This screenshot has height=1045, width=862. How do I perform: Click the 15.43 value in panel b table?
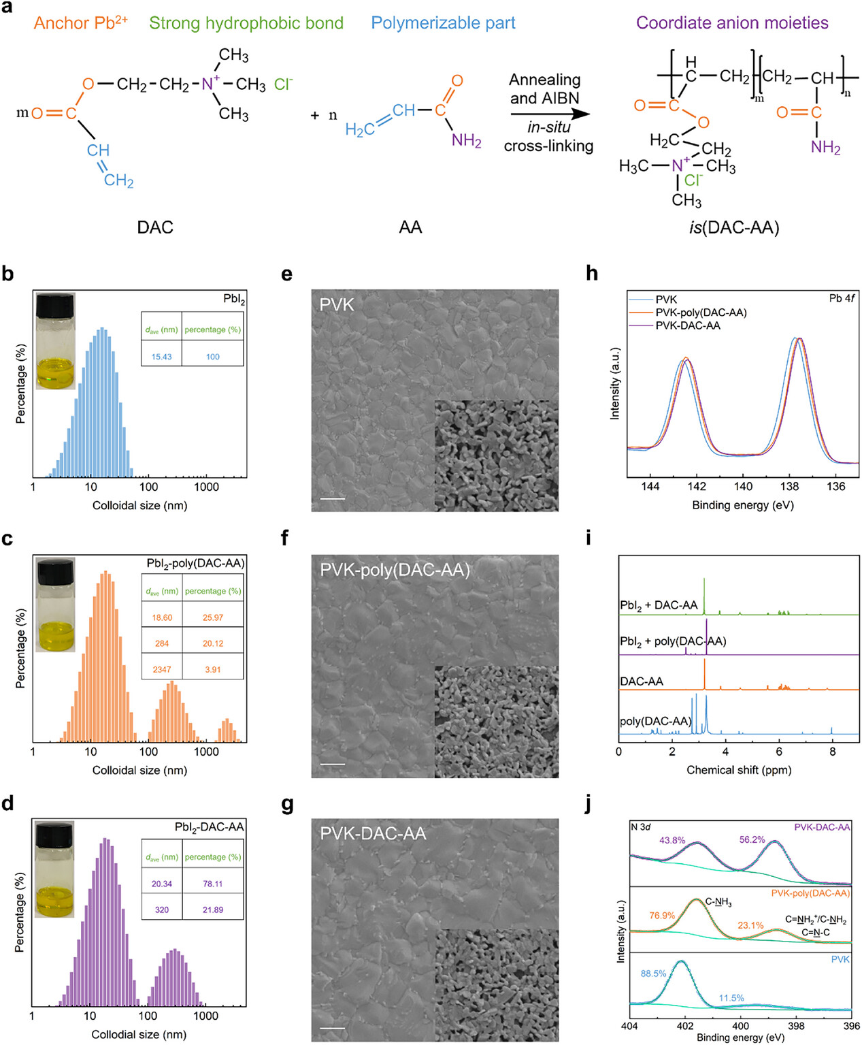tap(161, 357)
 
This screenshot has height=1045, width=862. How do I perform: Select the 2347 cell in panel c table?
tap(162, 669)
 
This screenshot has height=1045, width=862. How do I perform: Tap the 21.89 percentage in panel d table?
tap(212, 910)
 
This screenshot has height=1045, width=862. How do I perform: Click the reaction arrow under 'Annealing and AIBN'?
tap(550, 114)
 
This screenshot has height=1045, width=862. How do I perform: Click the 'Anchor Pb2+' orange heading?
tap(80, 22)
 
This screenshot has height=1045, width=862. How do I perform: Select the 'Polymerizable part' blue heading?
tap(443, 23)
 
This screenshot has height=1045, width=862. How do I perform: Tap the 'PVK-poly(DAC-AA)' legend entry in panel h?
tap(700, 312)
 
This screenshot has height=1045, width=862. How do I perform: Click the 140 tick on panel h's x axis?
tap(743, 487)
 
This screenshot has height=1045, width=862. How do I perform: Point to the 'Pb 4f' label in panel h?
tap(842, 298)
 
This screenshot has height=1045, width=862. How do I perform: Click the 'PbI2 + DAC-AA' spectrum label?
tap(659, 605)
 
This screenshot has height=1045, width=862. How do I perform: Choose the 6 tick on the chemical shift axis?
tap(779, 752)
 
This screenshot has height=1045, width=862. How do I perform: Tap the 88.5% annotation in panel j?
tap(653, 974)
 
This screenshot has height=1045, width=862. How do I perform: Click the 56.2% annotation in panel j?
tap(752, 839)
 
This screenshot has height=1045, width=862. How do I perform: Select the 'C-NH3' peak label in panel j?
tap(718, 902)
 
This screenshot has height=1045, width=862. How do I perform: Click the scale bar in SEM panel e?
tap(332, 499)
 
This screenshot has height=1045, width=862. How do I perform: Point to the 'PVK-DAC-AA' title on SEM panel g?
tap(373, 833)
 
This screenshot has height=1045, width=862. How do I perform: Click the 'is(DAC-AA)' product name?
tap(734, 227)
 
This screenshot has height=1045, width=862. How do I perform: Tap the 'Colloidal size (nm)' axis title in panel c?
tap(139, 770)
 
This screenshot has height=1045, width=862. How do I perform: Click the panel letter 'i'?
tap(589, 538)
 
